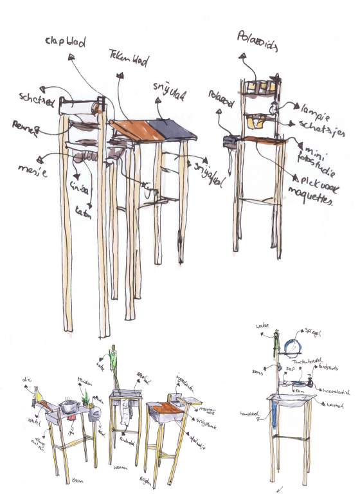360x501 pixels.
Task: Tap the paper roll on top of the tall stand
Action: pyautogui.click(x=80, y=105)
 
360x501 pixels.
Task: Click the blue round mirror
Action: pyautogui.click(x=294, y=347)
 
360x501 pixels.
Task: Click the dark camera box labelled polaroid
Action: pyautogui.click(x=228, y=141)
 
